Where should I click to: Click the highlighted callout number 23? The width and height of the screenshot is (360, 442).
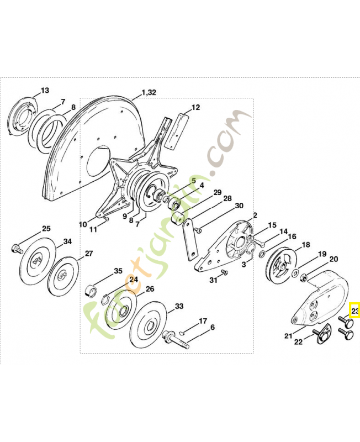(355, 312)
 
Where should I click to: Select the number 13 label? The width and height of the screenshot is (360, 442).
(45, 90)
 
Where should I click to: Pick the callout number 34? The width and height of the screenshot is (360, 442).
(67, 241)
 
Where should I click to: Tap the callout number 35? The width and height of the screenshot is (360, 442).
(118, 271)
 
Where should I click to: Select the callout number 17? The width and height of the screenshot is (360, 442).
(203, 320)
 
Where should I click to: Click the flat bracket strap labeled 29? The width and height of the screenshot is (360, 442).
(191, 240)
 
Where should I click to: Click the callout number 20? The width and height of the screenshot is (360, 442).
(333, 259)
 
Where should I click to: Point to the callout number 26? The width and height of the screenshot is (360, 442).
(150, 288)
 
